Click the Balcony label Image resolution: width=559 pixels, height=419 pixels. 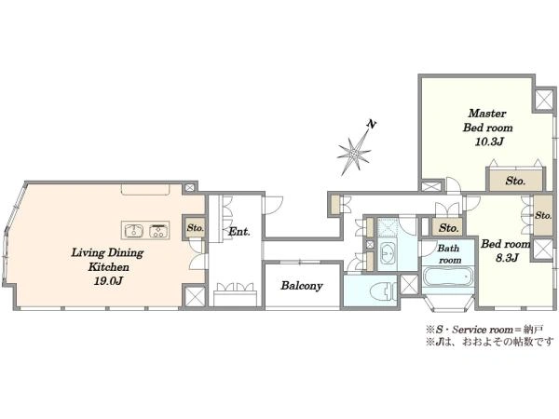pyautogui.click(x=302, y=286)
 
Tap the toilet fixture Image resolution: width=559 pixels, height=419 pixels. pyautogui.click(x=383, y=291)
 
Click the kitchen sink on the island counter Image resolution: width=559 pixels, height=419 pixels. pyautogui.click(x=133, y=231)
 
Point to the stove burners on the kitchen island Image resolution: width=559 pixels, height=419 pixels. pyautogui.click(x=158, y=231)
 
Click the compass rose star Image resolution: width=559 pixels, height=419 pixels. pyautogui.click(x=354, y=154)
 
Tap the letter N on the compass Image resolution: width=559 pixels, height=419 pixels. pyautogui.click(x=372, y=125)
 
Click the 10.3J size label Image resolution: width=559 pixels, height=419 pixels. pyautogui.click(x=488, y=142)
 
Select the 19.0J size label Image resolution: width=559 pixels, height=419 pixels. pyautogui.click(x=108, y=281)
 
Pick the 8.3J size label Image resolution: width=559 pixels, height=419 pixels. pyautogui.click(x=507, y=258)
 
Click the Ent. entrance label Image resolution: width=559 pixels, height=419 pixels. pyautogui.click(x=239, y=232)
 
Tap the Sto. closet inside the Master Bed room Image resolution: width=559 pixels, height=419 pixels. pyautogui.click(x=515, y=181)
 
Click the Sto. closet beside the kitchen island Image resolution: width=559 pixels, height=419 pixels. pyautogui.click(x=195, y=228)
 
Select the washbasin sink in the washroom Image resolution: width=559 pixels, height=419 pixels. pyautogui.click(x=388, y=252)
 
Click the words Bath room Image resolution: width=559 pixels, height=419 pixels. pyautogui.click(x=448, y=254)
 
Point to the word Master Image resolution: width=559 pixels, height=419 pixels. pyautogui.click(x=487, y=114)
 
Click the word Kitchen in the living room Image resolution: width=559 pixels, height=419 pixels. pyautogui.click(x=108, y=267)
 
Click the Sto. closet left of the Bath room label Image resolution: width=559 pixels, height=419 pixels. pyautogui.click(x=449, y=228)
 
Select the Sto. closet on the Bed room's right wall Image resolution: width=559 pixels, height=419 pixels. pyautogui.click(x=543, y=216)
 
